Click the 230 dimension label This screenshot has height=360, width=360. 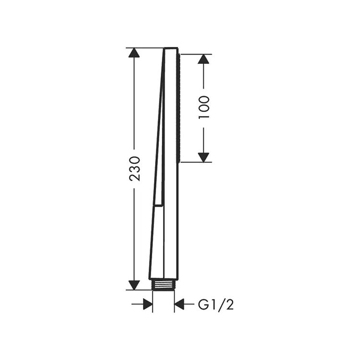(134, 169)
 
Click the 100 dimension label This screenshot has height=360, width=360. (204, 107)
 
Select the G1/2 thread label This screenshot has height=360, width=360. (216, 305)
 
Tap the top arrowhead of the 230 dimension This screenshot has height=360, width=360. (134, 53)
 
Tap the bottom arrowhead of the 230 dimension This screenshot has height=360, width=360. (134, 285)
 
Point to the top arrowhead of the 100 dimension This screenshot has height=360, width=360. (204, 59)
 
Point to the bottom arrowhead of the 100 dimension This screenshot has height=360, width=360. (204, 157)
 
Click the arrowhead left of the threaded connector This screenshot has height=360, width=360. (148, 304)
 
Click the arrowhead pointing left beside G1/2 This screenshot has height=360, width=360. (179, 304)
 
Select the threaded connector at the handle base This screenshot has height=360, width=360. (164, 285)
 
